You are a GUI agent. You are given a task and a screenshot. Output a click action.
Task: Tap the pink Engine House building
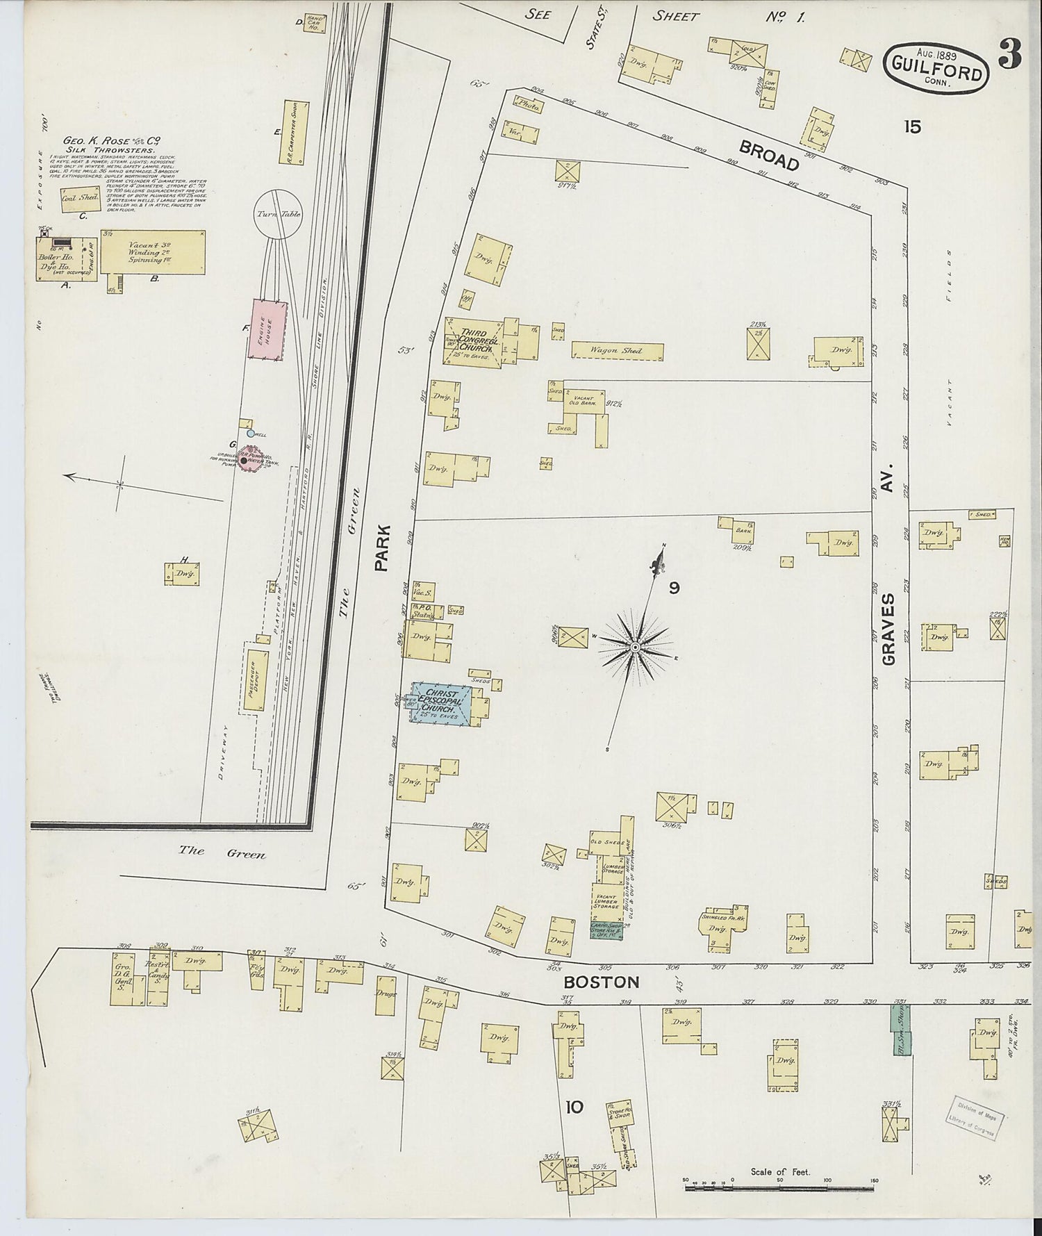click(x=268, y=329)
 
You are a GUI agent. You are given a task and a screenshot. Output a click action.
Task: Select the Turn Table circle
click(x=278, y=215)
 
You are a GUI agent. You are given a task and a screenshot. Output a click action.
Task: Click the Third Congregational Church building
click(x=472, y=340)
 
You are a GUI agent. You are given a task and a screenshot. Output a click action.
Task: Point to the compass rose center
click(x=635, y=648)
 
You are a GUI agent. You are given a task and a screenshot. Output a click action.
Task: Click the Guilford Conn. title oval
click(x=937, y=69)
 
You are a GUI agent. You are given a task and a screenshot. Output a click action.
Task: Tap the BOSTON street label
click(x=601, y=982)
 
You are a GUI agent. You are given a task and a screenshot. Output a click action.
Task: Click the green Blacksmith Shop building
click(x=900, y=1030)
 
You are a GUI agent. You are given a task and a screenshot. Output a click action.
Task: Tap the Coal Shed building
click(x=80, y=198)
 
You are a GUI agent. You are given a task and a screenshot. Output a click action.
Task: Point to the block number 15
click(x=912, y=126)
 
